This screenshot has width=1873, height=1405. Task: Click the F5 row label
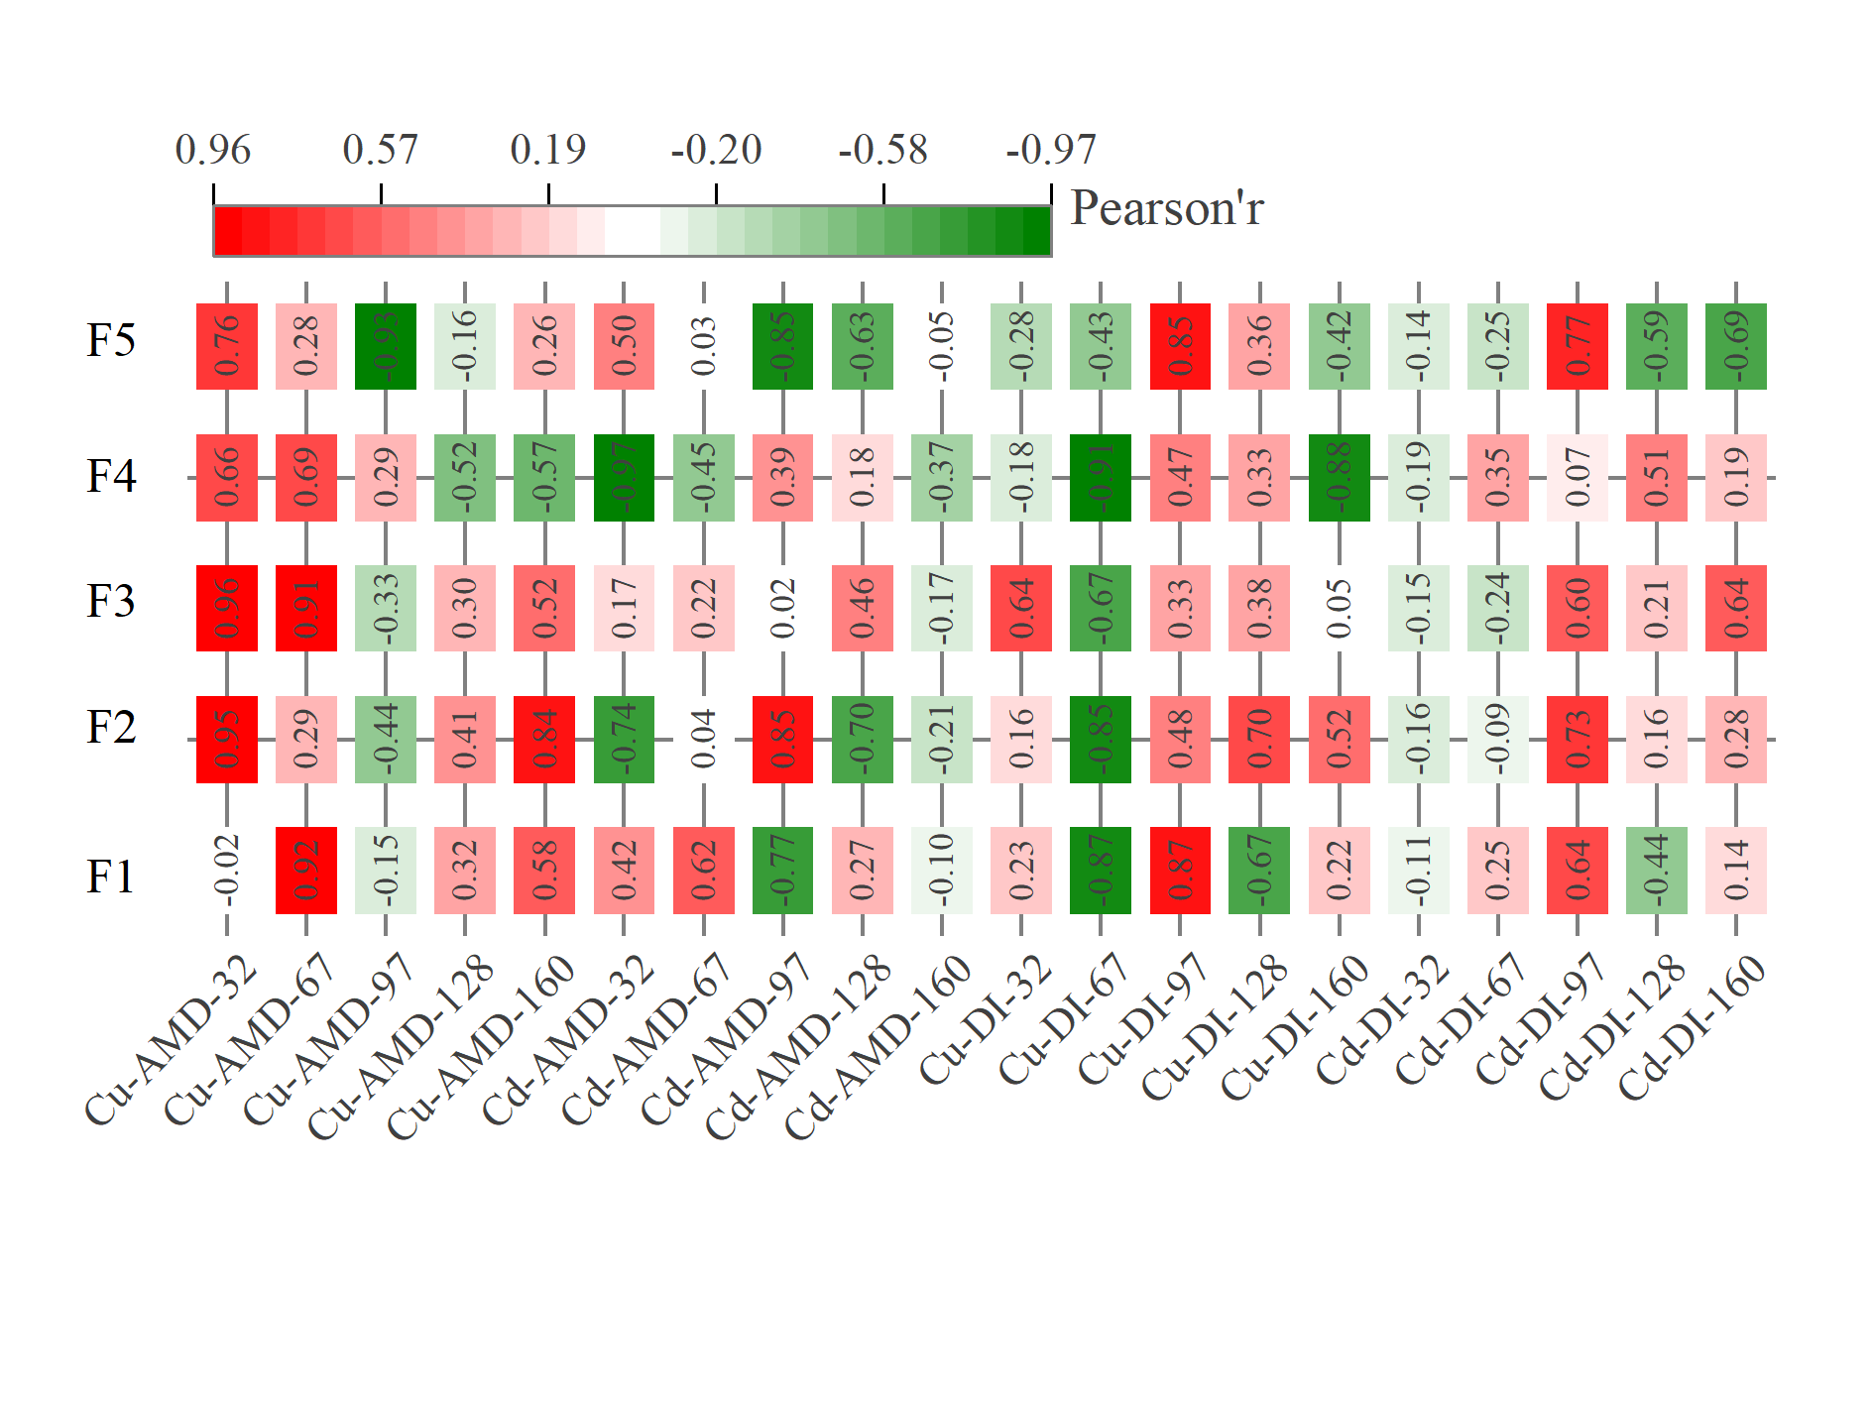tap(110, 340)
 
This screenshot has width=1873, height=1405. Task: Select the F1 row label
tap(110, 877)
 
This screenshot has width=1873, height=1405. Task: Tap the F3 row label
tap(110, 601)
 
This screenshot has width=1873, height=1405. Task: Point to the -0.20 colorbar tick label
tap(716, 150)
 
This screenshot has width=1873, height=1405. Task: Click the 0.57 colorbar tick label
tap(381, 150)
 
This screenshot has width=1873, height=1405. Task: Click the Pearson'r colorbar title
tap(1167, 209)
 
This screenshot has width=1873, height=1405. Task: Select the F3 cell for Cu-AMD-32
tap(227, 608)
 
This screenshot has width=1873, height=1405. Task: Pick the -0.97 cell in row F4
tap(624, 477)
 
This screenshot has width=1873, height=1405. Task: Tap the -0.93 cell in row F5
tap(386, 346)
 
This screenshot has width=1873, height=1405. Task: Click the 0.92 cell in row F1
tap(306, 870)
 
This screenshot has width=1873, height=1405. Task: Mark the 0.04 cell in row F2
tap(703, 739)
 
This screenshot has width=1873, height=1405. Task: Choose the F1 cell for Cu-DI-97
tap(1180, 870)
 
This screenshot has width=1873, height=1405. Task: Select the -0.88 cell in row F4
tap(1339, 477)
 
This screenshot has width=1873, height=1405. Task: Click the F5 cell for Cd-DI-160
tap(1736, 346)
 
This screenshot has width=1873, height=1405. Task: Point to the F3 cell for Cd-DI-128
tap(1657, 608)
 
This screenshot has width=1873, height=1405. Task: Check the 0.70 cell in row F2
tap(1259, 739)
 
